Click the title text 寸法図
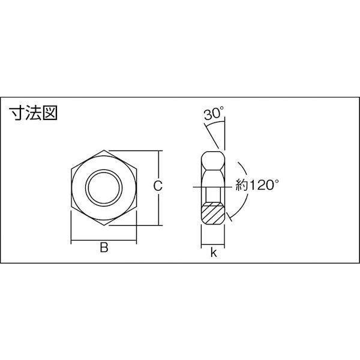coord(33,113)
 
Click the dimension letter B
coord(104,247)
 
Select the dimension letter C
coord(158,186)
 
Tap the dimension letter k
coord(214,253)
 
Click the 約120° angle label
coord(257,185)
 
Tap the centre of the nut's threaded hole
coord(104,188)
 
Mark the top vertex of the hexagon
coord(104,150)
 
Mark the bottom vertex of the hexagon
coord(104,226)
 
